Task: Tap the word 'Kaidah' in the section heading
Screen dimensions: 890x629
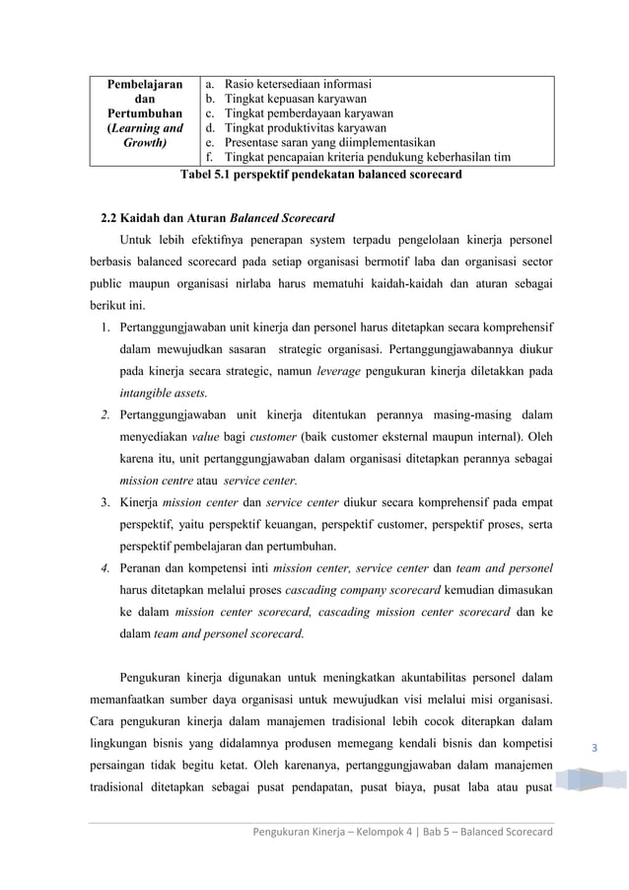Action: [140, 216]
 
